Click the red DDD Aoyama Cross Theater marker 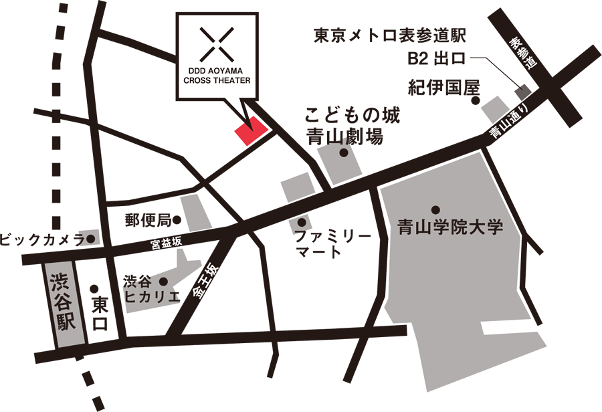(251, 130)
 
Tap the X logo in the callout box (217, 43)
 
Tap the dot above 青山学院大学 (435, 209)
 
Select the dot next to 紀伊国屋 (476, 101)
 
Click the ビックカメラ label (41, 239)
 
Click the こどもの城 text (353, 115)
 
